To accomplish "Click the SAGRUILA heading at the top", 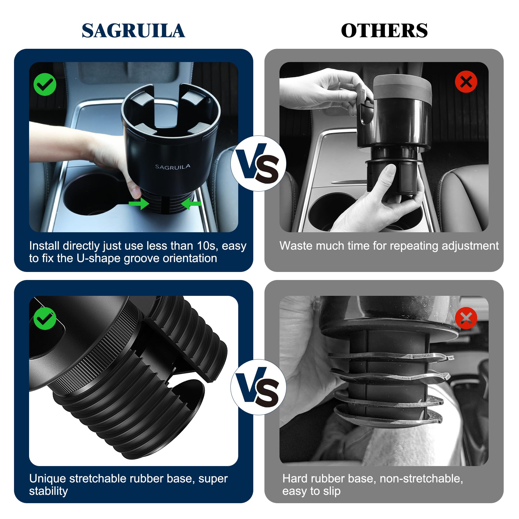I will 133,30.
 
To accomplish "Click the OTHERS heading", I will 384,30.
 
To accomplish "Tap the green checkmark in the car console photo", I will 45,84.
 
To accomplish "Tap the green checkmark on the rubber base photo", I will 45,319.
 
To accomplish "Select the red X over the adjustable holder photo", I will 466,82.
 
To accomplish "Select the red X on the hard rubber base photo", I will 466,318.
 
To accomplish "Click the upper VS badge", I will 258,163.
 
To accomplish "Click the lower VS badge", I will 258,387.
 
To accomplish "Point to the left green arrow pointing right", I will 139,203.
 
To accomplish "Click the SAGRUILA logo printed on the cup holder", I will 173,167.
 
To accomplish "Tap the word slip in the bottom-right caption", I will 332,491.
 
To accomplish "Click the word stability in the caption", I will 49,491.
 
